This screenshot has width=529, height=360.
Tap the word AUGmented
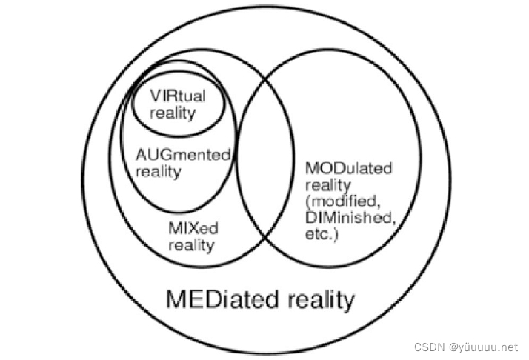[x=184, y=155]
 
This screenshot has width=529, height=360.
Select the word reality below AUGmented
[x=159, y=171]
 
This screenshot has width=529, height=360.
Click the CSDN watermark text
[x=427, y=347]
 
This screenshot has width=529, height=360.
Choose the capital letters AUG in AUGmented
[x=153, y=155]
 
